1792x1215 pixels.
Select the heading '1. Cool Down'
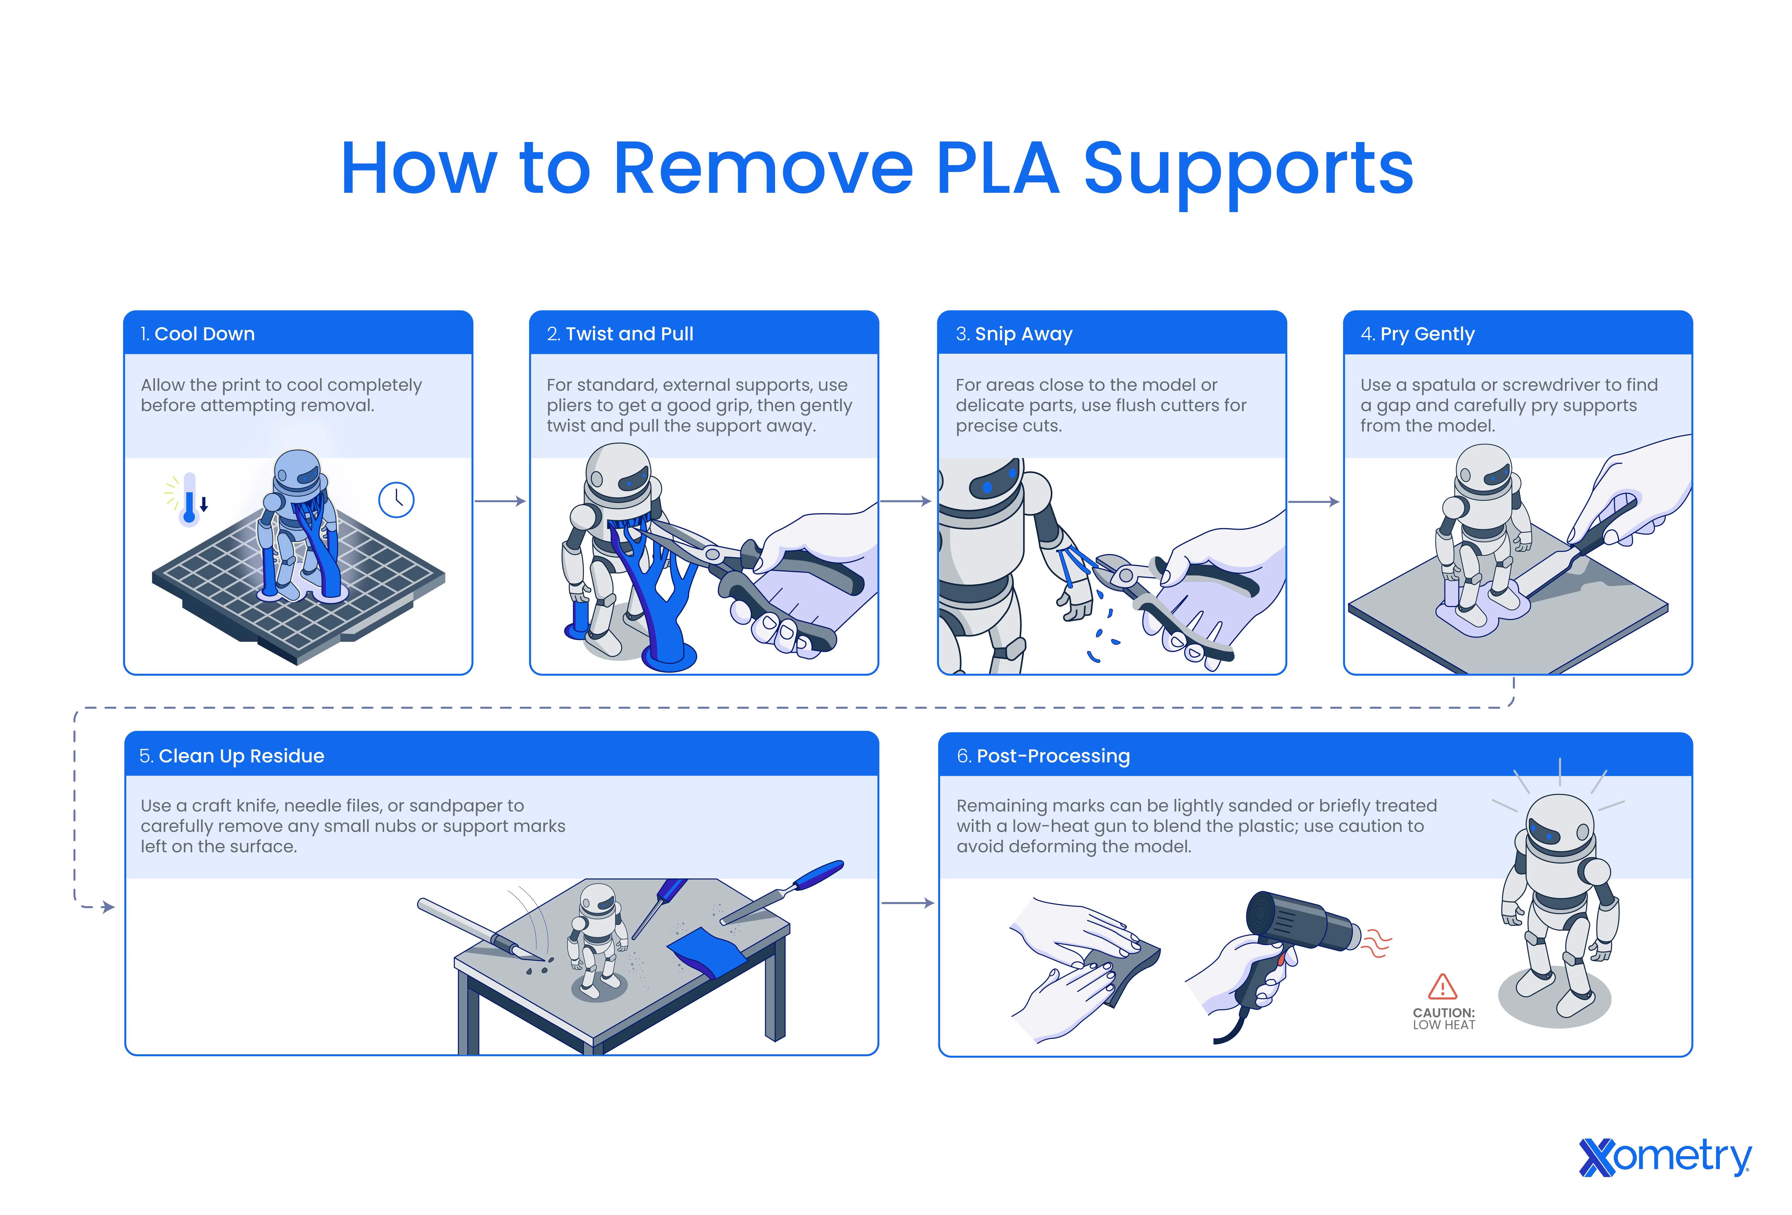[x=197, y=334]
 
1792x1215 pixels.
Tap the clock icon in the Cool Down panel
[x=396, y=500]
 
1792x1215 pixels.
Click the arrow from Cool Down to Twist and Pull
[x=500, y=501]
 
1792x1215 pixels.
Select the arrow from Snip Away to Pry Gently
[x=1313, y=502]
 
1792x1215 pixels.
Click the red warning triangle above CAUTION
[x=1442, y=987]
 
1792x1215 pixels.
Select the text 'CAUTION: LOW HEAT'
[x=1443, y=1018]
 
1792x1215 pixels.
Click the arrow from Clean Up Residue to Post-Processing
[x=908, y=903]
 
